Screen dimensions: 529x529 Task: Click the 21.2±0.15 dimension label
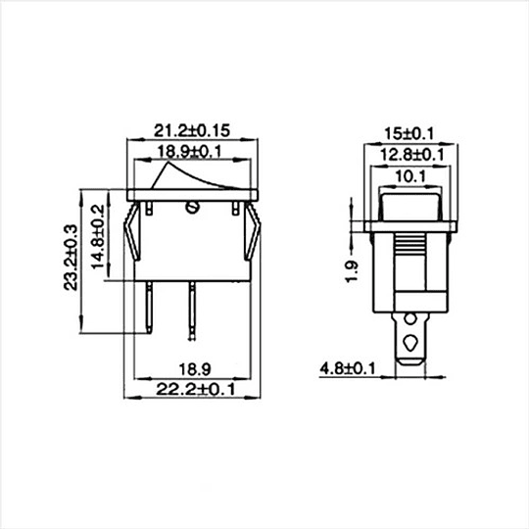pos(192,131)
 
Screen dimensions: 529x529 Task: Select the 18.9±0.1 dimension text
pos(190,152)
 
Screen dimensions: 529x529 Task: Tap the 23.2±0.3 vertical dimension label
pos(71,258)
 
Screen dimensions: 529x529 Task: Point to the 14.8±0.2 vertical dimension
pos(99,237)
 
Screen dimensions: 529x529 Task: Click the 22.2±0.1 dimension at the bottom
pos(195,390)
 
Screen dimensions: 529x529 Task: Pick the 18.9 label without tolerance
pos(195,369)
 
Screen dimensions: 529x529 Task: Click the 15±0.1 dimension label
pos(409,134)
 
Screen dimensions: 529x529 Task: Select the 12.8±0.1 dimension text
pos(411,155)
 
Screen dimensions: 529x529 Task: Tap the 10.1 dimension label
pos(410,176)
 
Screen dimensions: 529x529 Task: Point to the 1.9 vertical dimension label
pos(352,271)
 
